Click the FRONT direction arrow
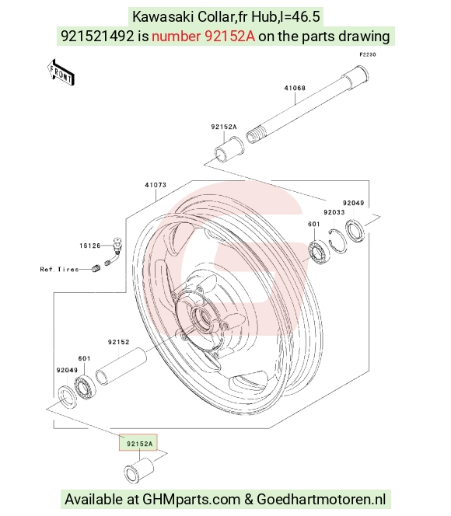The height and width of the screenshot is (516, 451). point(61,73)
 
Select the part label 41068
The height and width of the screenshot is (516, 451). point(295,88)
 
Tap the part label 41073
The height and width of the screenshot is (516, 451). point(156,185)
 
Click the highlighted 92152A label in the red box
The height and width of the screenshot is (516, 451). point(140,444)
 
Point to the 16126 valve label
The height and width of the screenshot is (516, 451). point(90,246)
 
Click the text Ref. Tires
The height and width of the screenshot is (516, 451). point(60,269)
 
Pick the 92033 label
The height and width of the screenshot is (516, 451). point(334,212)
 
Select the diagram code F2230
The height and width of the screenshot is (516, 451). point(367,54)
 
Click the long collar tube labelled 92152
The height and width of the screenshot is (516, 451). point(121,367)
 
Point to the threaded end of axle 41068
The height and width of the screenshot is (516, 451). point(255,135)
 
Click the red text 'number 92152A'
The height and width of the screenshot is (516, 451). point(204,37)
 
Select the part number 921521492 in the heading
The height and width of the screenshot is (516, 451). point(97,37)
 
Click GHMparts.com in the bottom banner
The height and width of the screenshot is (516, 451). point(191,499)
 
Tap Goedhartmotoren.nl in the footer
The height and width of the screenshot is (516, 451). point(321,499)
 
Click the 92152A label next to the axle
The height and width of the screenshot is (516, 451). point(224,127)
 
